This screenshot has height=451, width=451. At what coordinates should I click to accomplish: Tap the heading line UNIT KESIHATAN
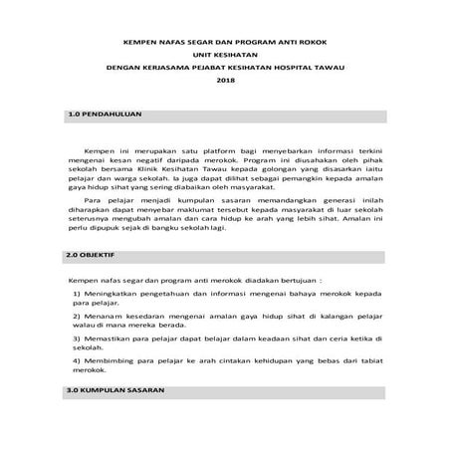225,55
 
